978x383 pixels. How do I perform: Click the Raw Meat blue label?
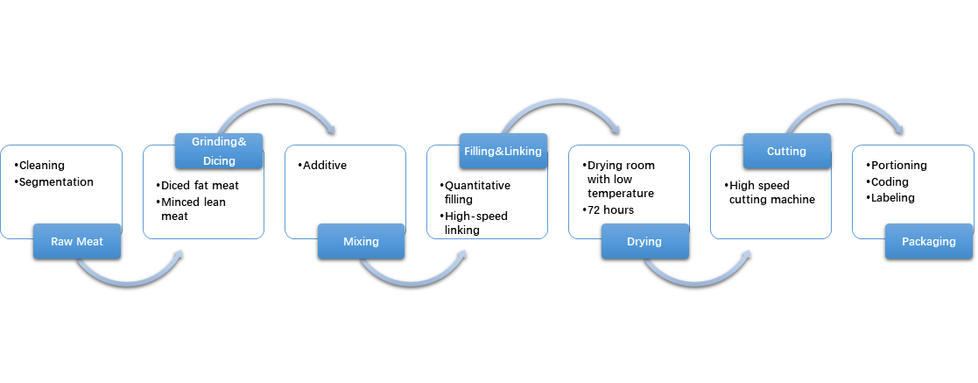[x=76, y=242]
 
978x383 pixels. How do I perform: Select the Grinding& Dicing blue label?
[x=218, y=151]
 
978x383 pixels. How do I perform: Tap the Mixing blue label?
[x=361, y=242]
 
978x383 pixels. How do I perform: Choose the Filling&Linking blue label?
[x=503, y=151]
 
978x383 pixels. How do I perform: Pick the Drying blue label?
[x=644, y=242]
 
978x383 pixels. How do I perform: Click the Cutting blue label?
[x=786, y=151]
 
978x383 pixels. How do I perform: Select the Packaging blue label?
[x=928, y=242]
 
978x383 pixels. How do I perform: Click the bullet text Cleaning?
[x=42, y=165]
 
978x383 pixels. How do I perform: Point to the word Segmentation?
[x=56, y=181]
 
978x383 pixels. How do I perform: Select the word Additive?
[x=324, y=165]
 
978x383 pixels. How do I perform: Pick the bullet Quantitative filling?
[x=478, y=193]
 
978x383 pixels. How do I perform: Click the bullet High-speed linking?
[x=476, y=223]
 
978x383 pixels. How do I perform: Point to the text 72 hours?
[x=611, y=210]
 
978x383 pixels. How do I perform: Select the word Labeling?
[x=893, y=198]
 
